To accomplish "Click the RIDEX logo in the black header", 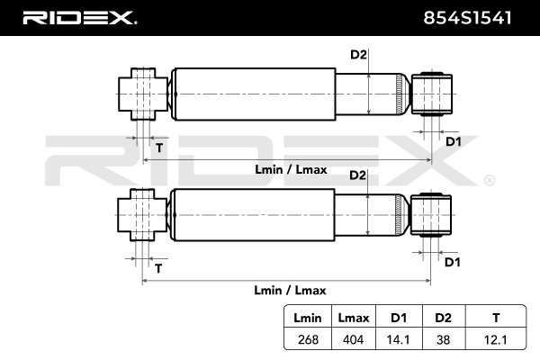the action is click(79, 18).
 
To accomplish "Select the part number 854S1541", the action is click(467, 18).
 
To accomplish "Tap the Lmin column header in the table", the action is click(308, 318).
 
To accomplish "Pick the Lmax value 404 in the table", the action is click(354, 340).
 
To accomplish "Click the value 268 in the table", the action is click(308, 340).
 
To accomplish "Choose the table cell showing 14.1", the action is click(398, 340).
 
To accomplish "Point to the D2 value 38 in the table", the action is click(443, 340).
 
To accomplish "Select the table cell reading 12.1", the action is click(496, 340).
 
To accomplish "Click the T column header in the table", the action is click(496, 318).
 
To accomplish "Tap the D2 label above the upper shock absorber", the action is click(358, 54).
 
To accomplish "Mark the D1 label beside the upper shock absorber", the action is click(454, 141).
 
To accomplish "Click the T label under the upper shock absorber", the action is click(159, 148).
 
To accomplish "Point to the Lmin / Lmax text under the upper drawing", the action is click(291, 169).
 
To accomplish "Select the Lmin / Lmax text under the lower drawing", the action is click(290, 290).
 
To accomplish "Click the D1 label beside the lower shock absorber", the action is click(453, 262).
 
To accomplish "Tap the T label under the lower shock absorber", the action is click(158, 268).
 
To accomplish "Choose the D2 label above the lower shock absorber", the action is click(358, 175).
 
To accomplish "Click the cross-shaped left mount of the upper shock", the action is click(143, 94).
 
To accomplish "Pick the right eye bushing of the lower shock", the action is click(431, 215).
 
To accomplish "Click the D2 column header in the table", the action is click(443, 318).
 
